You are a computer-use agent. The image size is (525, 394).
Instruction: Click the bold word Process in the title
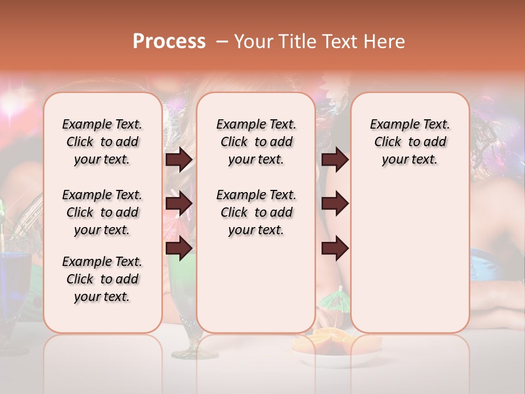(169, 42)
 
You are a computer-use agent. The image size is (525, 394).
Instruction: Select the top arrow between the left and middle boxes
(179, 160)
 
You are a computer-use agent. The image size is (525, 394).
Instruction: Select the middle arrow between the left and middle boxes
(179, 204)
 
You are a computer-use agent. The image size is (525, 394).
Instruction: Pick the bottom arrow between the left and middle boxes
(179, 248)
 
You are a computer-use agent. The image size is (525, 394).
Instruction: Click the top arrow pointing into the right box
(335, 160)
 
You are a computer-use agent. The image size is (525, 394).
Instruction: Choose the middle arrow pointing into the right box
(335, 204)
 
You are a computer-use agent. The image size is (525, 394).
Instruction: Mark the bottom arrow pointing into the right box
(335, 248)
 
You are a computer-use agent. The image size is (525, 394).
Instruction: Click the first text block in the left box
(102, 142)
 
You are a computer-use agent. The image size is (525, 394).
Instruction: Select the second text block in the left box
(102, 212)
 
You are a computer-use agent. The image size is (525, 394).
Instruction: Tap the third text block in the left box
(102, 279)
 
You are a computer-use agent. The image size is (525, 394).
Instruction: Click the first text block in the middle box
(256, 142)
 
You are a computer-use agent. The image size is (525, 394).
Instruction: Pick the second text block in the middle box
(256, 212)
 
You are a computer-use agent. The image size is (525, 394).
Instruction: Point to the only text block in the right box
(410, 142)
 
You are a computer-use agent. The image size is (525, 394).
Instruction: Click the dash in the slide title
(221, 42)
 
